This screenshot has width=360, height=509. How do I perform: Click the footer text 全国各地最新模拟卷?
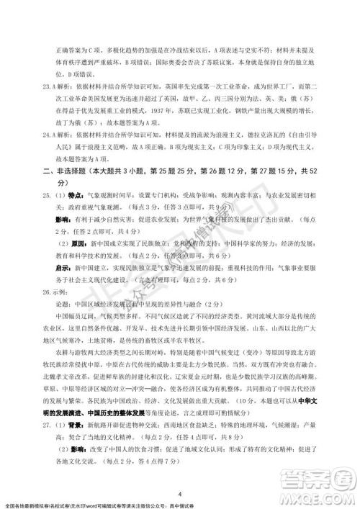pyautogui.click(x=30, y=501)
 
